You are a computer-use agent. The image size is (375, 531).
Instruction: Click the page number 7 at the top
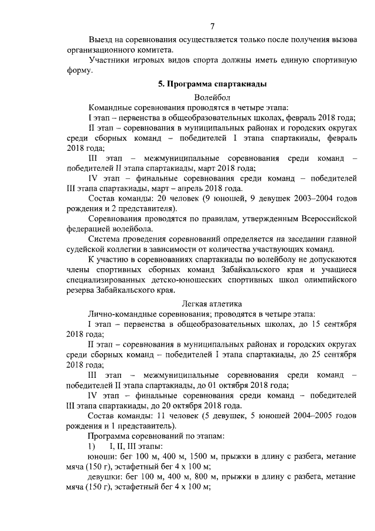[212, 25]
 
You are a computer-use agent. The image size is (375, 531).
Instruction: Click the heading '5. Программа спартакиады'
[212, 84]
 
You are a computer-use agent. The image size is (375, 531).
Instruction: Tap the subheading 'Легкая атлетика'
[212, 303]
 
